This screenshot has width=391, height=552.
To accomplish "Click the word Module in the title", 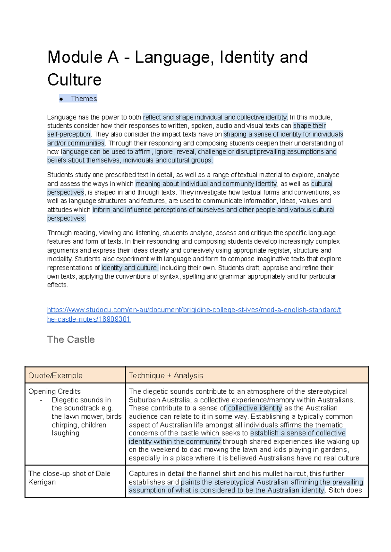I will click(x=75, y=57).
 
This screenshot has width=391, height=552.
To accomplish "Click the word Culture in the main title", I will click(x=74, y=80).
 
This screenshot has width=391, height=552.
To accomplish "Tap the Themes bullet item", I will click(x=84, y=99).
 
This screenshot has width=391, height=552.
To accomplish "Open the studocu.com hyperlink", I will click(x=194, y=310).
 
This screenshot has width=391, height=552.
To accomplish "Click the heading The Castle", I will click(x=71, y=340).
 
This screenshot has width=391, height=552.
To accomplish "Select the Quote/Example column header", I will click(x=55, y=375).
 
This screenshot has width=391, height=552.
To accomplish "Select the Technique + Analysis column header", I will click(x=166, y=375).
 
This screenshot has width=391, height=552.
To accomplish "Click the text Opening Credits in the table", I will click(x=54, y=391).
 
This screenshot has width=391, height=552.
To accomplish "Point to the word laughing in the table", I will click(x=65, y=433).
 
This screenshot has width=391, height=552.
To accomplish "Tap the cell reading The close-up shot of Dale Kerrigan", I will click(x=69, y=478).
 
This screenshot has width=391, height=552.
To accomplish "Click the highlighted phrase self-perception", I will click(x=69, y=134).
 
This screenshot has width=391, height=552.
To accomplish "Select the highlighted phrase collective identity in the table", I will click(x=255, y=408).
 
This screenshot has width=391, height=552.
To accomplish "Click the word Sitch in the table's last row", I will click(x=336, y=490).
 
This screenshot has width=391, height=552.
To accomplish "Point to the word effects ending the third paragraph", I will click(x=57, y=285).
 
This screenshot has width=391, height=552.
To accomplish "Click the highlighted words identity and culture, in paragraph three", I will click(x=130, y=268).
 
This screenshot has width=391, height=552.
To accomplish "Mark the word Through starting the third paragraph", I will click(x=59, y=233).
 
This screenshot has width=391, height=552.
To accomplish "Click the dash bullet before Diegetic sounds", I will click(x=41, y=400).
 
